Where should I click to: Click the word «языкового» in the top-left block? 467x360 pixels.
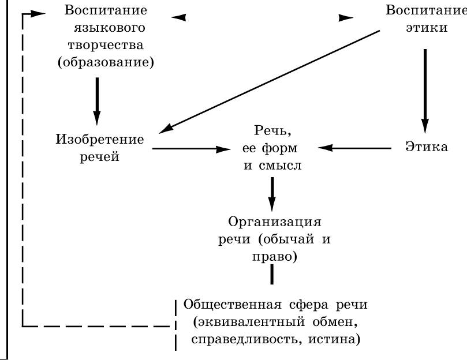tap(109, 28)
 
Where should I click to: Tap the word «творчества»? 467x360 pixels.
tap(106, 45)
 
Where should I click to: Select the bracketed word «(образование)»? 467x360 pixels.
tap(106, 62)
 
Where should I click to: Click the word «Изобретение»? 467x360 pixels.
tap(100, 139)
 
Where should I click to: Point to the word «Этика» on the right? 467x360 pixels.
tap(427, 147)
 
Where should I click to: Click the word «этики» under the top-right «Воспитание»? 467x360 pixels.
tap(427, 28)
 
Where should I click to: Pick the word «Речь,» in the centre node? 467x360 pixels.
tap(272, 130)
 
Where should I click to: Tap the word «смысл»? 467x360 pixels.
tap(280, 166)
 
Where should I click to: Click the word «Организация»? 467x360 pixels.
tap(275, 222)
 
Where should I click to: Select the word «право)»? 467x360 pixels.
tap(275, 257)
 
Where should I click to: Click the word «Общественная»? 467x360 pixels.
tap(232, 305)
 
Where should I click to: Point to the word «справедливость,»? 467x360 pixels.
tap(245, 339)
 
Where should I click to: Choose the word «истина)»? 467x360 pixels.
tap(334, 339)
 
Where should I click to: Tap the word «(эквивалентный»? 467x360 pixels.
tap(249, 322)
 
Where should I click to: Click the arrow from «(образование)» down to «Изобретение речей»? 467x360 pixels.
tap(97, 102)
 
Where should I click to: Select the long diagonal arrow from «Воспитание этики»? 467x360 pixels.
tap(269, 81)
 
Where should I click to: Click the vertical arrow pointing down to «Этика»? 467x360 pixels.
tap(425, 91)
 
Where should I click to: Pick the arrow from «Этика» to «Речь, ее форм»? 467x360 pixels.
tap(354, 148)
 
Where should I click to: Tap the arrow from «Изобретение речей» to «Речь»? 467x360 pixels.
tap(192, 149)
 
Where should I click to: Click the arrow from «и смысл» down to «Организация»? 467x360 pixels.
tap(272, 194)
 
